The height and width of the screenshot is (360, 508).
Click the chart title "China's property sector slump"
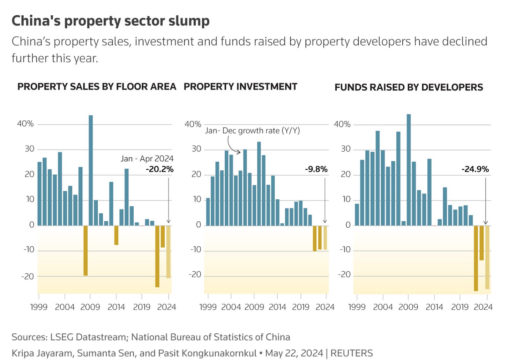point(111,21)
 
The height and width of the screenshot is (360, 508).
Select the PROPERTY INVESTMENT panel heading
point(240,87)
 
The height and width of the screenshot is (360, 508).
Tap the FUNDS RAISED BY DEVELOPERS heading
point(409,87)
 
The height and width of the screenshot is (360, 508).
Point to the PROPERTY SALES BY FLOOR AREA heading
point(97,87)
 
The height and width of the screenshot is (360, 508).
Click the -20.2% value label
point(159,169)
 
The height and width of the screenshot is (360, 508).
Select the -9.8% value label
point(316,169)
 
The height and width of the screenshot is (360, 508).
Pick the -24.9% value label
point(475,169)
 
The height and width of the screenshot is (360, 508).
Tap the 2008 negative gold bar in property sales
point(85,250)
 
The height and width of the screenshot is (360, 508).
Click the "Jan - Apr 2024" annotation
point(147,159)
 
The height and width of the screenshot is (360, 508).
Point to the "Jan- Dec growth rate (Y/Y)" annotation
point(252,131)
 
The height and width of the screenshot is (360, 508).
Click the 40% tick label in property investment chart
point(193,124)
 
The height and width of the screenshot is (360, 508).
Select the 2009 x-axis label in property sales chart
point(90,307)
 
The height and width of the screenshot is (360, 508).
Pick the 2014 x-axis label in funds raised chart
point(434,307)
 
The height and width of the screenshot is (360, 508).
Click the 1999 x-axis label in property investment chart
point(208,307)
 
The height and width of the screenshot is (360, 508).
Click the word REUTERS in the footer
point(351,353)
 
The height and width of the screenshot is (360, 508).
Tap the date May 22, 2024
point(294,353)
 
